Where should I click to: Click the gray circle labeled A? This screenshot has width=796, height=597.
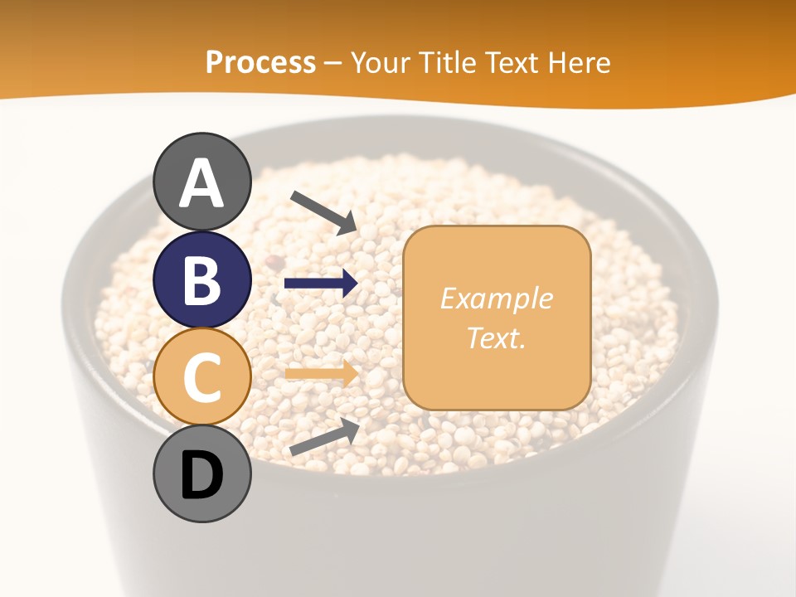[202, 182]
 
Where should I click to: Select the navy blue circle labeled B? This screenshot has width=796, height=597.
[202, 279]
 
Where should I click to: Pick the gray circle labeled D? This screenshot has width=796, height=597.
[202, 474]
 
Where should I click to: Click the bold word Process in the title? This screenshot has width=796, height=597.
[260, 62]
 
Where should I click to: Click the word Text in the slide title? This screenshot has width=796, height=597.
[517, 62]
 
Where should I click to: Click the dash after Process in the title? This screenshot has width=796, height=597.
[332, 64]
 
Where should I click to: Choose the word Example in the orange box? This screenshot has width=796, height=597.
[496, 299]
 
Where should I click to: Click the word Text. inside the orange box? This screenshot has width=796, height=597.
[496, 337]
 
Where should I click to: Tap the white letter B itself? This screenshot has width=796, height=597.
[202, 280]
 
